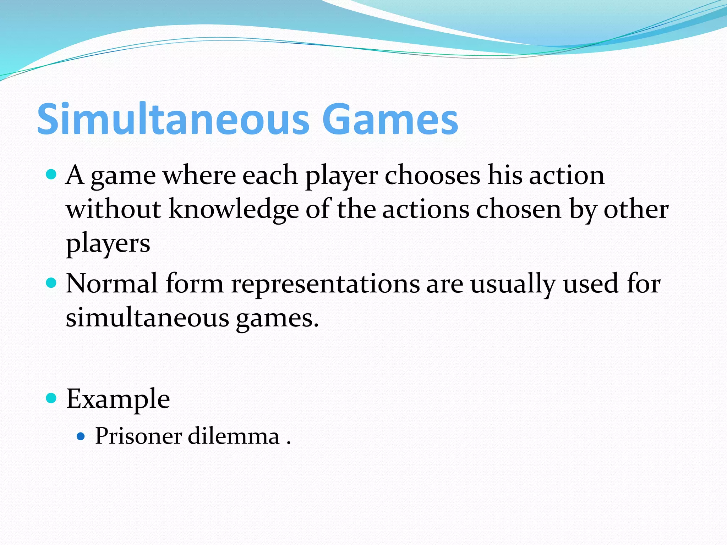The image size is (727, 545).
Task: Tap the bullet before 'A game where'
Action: [51, 175]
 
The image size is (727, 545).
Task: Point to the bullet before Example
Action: [51, 398]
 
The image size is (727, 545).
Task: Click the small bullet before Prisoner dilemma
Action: [81, 436]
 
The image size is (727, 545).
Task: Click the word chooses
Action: [432, 175]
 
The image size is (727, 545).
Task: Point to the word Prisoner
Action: [138, 436]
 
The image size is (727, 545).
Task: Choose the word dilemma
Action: [233, 436]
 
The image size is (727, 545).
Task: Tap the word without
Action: [114, 209]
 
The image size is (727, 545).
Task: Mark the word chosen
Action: [519, 209]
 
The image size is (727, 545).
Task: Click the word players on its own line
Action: [108, 244]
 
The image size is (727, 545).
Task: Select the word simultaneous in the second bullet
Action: [147, 318]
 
